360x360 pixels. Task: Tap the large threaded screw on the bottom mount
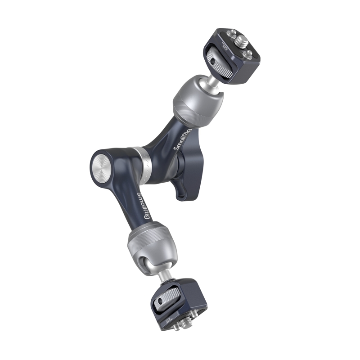point(176,323)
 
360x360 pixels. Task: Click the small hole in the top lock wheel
point(211,61)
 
